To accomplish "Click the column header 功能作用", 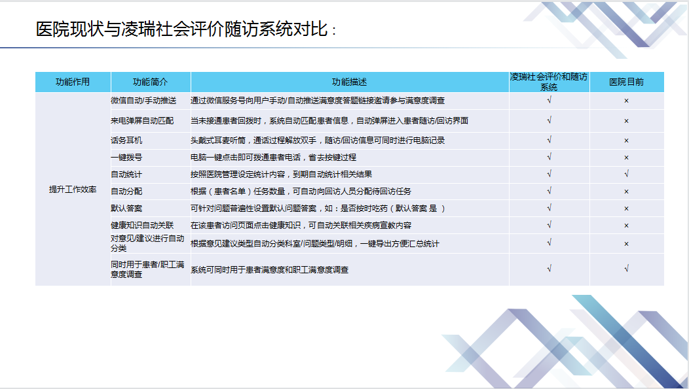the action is click(73, 82).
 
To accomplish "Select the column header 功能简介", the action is click(150, 82).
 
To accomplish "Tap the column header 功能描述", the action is click(349, 82).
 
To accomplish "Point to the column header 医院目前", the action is click(627, 82).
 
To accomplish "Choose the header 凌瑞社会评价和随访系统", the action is click(549, 82).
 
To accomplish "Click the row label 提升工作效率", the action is click(73, 190).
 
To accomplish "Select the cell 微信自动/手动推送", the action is click(143, 101).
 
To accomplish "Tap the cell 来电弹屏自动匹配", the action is click(142, 120).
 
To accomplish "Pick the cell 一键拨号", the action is click(126, 158).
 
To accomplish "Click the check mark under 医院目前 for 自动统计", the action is click(627, 174).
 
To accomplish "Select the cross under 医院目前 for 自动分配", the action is click(627, 192).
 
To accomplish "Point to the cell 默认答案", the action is click(126, 209).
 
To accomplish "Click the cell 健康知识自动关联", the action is click(142, 226).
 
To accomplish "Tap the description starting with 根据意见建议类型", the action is click(315, 244).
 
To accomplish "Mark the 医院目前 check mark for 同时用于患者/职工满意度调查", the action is click(627, 269).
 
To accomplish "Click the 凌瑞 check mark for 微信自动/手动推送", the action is click(549, 100).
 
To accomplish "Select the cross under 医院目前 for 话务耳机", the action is click(627, 141).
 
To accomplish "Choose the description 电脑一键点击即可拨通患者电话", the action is click(273, 158).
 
